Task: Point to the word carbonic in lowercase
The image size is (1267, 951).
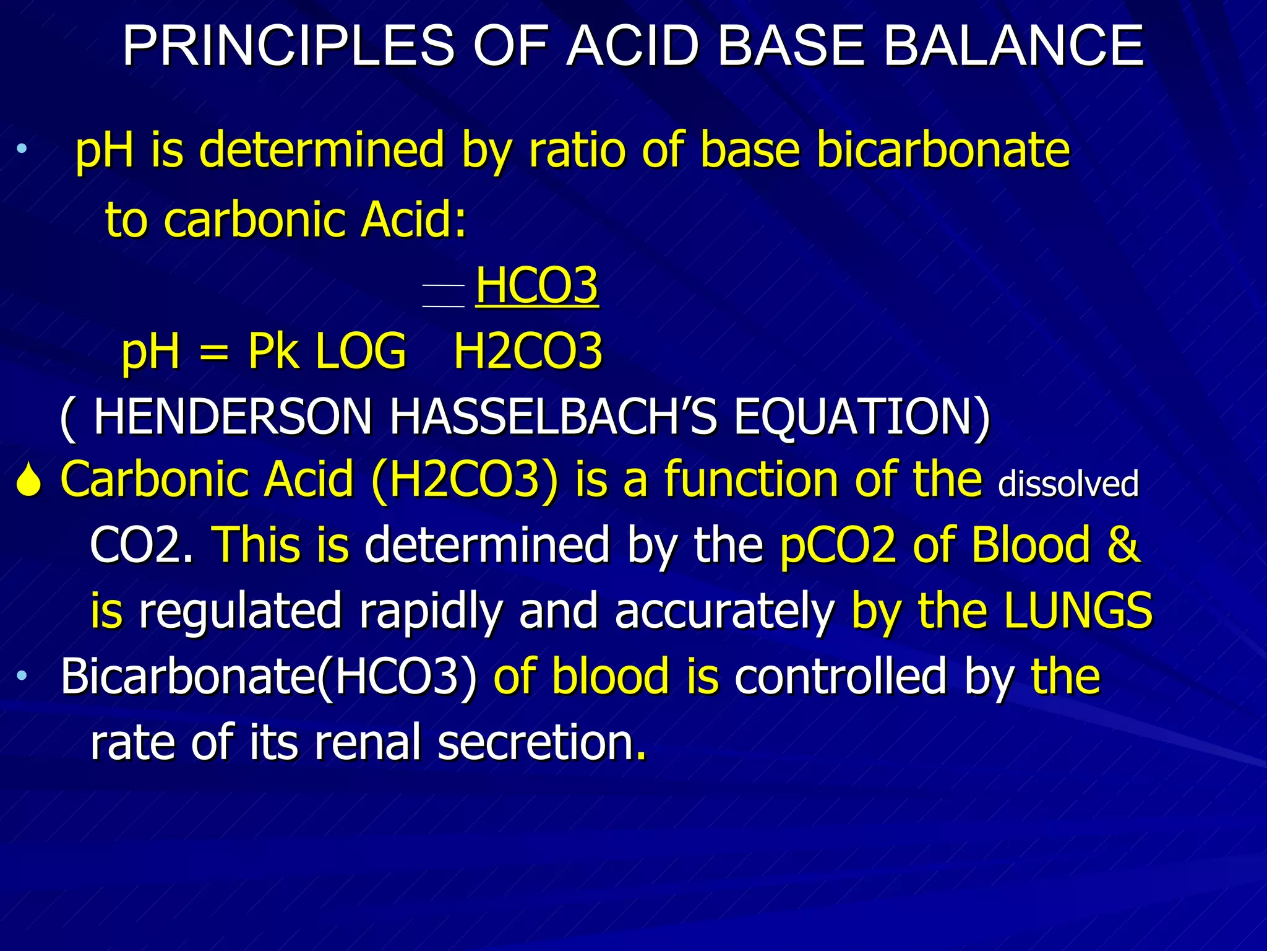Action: pos(254,220)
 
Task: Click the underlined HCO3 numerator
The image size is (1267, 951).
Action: pos(536,285)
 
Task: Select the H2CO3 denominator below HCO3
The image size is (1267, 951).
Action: pos(528,351)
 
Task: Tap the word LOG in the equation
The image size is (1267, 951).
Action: pos(361,351)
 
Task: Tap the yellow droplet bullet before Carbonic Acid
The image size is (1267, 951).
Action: pos(28,481)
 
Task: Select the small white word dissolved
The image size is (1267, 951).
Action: pos(1068,484)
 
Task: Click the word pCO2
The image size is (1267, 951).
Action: pos(838,545)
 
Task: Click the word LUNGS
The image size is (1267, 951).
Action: pos(1078,610)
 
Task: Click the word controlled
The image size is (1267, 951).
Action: pos(840,676)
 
